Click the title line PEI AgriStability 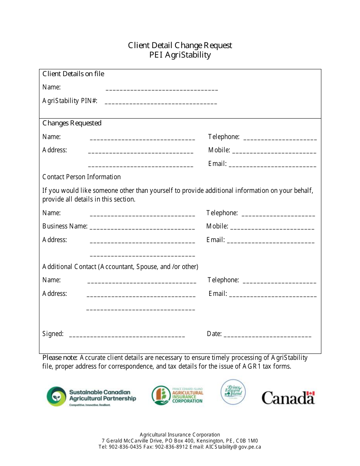click(180, 55)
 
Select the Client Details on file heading click(73, 74)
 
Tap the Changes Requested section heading click(72, 123)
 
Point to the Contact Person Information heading click(81, 177)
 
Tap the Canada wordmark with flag click(288, 398)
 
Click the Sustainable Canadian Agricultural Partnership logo click(91, 396)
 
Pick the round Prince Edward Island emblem click(233, 392)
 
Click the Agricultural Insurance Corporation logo click(177, 396)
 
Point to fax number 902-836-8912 click(171, 447)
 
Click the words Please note click(60, 358)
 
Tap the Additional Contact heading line click(120, 267)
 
